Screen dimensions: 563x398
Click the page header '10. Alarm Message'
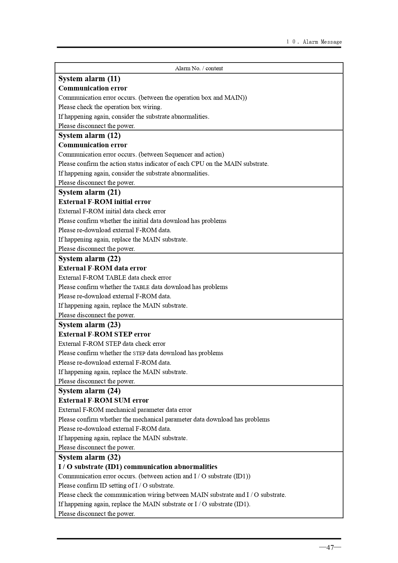click(314, 42)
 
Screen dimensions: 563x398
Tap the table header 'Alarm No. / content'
click(199, 68)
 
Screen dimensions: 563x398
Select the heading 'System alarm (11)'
click(89, 79)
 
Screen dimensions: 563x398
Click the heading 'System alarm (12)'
click(89, 135)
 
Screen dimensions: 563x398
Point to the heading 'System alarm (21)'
click(89, 192)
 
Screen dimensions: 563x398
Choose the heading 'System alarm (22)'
click(89, 259)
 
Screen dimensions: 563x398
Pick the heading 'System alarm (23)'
click(89, 325)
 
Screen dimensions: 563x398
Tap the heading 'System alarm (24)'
click(89, 391)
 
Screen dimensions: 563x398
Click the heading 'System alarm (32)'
click(89, 457)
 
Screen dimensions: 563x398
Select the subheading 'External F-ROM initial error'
click(105, 202)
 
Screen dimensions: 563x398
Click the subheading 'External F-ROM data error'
click(102, 268)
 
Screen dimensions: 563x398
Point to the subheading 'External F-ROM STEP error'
click(104, 334)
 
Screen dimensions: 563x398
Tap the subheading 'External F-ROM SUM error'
click(103, 400)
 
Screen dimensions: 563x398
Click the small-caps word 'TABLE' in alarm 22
click(141, 287)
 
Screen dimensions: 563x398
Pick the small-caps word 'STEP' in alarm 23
click(139, 353)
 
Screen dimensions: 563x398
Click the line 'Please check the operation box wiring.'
click(110, 107)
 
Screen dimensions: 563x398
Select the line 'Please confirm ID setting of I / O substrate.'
click(116, 485)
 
